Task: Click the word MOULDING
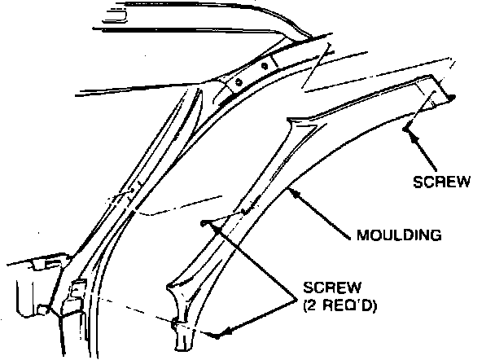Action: (400, 236)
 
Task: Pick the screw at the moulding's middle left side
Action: (204, 222)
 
